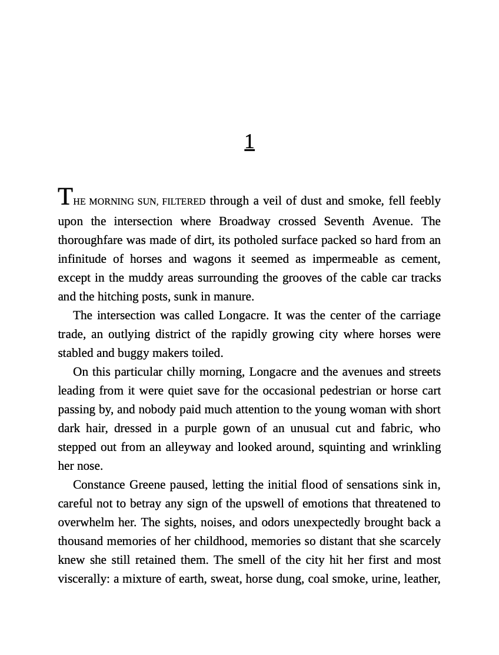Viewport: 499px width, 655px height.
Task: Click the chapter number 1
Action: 249,142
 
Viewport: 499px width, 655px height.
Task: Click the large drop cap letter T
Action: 65,197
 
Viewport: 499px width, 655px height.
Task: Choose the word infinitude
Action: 82,259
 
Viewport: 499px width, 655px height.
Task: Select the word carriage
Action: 420,315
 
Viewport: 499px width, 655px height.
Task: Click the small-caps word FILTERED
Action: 184,202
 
